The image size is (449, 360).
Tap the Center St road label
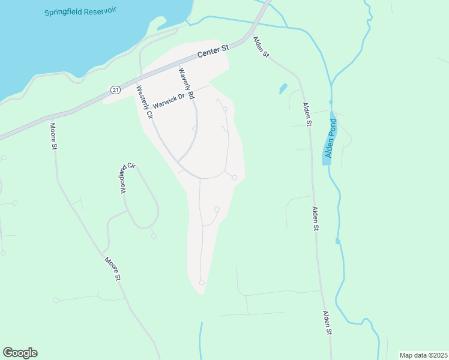pos(214,52)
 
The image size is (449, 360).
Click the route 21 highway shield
pos(114,89)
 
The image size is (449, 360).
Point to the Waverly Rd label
pos(187,83)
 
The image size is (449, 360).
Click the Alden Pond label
pos(330,139)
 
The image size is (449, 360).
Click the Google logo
pos(20,353)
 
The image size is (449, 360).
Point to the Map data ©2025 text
pos(423,355)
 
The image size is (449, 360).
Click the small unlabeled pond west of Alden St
pos(283,89)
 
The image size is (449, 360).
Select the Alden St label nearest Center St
pos(261,47)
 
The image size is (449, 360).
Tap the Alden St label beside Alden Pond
pos(307,114)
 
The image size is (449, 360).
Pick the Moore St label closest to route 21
pos(53,136)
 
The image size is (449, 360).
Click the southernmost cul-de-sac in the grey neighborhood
pos(202,282)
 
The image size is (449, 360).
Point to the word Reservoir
pos(112,10)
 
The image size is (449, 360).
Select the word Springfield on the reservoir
pos(66,13)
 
